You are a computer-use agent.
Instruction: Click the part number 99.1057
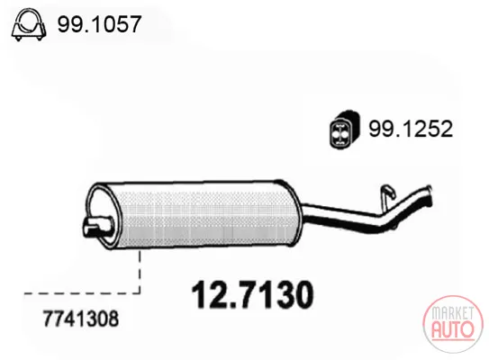pos(99,24)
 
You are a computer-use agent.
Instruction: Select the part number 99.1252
pos(411,129)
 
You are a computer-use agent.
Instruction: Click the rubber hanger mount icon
pos(345,129)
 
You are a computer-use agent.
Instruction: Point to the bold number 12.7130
pos(252,294)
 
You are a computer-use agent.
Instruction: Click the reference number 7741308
pos(81,319)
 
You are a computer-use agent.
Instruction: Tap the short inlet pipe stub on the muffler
pos(97,227)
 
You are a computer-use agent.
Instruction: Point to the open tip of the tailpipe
pos(430,195)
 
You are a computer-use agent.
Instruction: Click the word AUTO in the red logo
pos(453,328)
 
